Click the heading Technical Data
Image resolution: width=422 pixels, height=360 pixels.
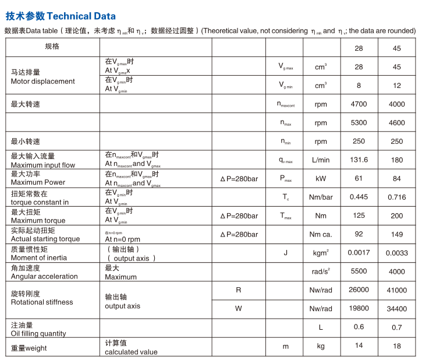[x=60, y=16]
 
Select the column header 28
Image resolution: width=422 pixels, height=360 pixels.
[x=359, y=48]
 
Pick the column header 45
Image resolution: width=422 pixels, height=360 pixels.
[x=396, y=48]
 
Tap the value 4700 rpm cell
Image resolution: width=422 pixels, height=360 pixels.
[x=359, y=104]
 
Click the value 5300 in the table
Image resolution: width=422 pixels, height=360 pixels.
[x=359, y=123]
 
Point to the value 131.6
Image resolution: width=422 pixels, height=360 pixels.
[x=359, y=160]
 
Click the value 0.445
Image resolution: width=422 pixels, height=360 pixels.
[x=359, y=197]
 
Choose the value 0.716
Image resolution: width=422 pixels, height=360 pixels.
[x=396, y=197]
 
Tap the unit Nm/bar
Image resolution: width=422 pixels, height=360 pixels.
[x=321, y=197]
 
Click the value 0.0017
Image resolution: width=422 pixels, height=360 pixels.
[x=359, y=253]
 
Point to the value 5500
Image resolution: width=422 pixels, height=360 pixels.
[x=359, y=271]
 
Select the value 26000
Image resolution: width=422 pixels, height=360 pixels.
[x=359, y=290]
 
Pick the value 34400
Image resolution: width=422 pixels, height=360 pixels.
[x=396, y=308]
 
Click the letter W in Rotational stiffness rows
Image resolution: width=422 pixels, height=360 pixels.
[x=238, y=308]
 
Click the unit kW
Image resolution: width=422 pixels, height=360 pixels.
[x=321, y=178]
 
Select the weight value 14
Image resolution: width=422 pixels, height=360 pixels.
[x=359, y=345]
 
